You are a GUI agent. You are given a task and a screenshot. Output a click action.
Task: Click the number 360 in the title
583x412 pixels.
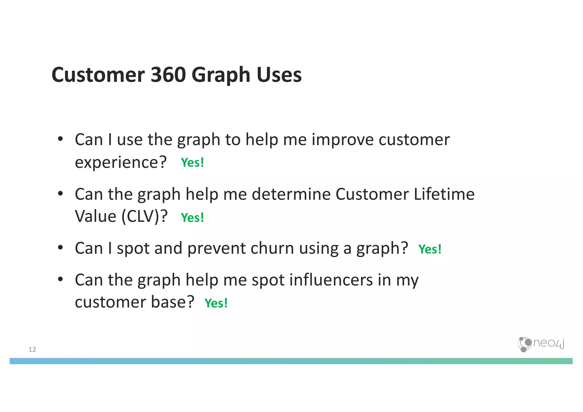click(168, 75)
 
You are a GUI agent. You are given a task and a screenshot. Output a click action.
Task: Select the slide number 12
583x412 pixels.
click(32, 350)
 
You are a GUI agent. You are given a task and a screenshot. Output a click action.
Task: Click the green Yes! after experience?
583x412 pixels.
click(192, 163)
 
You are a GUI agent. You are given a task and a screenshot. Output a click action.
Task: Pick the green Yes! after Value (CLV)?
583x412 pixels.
click(192, 218)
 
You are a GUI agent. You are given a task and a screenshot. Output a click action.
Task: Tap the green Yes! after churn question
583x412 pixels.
click(430, 249)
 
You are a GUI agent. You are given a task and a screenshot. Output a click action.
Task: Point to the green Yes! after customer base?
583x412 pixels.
click(216, 303)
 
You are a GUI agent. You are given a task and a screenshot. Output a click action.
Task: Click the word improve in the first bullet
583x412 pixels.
click(342, 140)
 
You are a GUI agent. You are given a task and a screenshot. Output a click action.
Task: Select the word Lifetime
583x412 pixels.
click(444, 194)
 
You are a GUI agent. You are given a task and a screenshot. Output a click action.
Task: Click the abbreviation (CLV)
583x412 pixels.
click(141, 217)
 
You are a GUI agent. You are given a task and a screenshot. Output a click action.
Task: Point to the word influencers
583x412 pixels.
click(331, 280)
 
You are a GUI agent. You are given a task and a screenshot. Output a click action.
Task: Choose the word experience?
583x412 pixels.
click(120, 163)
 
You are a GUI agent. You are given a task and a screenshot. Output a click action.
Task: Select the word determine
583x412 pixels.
click(291, 194)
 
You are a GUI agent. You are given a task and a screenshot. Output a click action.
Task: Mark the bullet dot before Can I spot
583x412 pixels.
click(60, 248)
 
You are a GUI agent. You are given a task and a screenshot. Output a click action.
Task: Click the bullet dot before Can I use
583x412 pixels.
click(60, 139)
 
